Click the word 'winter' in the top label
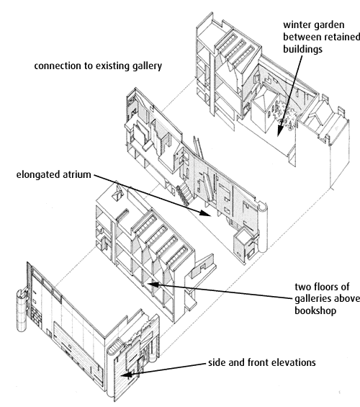(x=297, y=25)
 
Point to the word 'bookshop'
(x=315, y=310)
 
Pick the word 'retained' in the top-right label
(x=343, y=37)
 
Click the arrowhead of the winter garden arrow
(x=279, y=132)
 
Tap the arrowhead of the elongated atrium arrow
(x=206, y=213)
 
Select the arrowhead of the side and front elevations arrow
(x=127, y=375)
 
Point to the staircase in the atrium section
(x=184, y=194)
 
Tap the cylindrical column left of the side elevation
(x=22, y=310)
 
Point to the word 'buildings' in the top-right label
(x=302, y=49)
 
